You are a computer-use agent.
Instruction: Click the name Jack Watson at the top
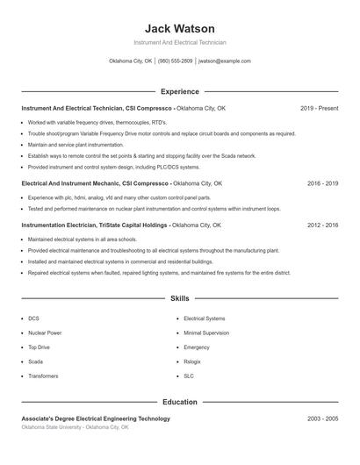179,29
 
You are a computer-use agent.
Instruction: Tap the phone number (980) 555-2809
175,61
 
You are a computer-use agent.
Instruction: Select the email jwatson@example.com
225,61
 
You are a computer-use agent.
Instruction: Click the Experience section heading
179,91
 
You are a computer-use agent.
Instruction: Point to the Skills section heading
179,299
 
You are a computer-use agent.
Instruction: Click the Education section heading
179,402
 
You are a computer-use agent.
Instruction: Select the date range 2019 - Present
319,108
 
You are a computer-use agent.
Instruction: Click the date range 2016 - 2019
322,183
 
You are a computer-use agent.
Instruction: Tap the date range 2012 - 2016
322,225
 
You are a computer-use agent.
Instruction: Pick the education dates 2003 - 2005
322,418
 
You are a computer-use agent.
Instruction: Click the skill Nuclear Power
45,333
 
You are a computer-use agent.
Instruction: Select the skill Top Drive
39,347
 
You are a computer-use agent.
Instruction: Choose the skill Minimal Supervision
205,333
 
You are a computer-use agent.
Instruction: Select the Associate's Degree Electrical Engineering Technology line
96,418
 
